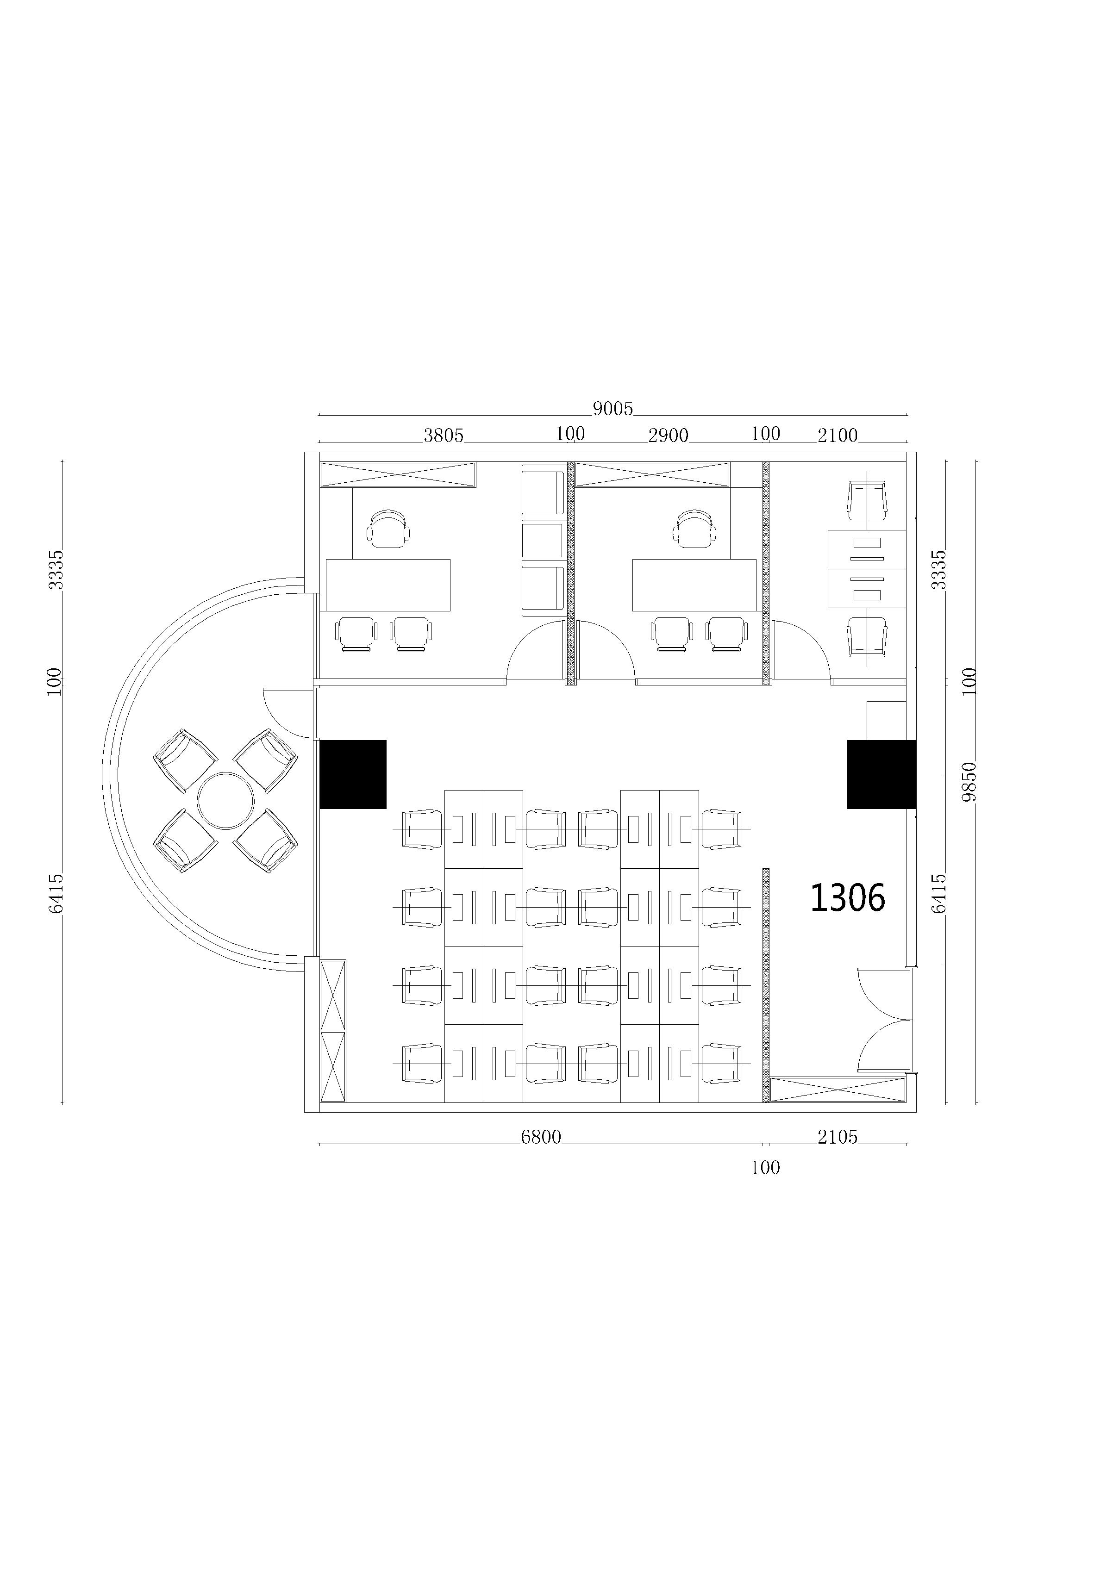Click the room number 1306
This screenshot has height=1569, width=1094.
[x=847, y=897]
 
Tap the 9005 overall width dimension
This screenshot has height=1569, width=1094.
[x=613, y=409]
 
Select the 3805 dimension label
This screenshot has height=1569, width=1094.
[x=443, y=436]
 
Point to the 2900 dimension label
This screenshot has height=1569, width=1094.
[x=668, y=436]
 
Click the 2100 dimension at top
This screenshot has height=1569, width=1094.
[x=837, y=436]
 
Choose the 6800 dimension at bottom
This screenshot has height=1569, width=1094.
[x=541, y=1136]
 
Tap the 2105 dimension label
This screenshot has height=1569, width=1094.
[x=837, y=1136]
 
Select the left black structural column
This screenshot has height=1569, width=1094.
[x=353, y=774]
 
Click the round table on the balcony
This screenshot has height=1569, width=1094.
[x=225, y=800]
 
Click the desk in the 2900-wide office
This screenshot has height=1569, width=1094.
[x=694, y=585]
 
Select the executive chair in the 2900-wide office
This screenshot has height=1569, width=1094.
[x=695, y=528]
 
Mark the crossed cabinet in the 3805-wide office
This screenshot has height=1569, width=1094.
[x=398, y=475]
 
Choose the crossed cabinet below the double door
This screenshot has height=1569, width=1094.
[x=838, y=1090]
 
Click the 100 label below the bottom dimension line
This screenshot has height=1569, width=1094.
[x=765, y=1167]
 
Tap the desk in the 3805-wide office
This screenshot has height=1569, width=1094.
[x=388, y=585]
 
